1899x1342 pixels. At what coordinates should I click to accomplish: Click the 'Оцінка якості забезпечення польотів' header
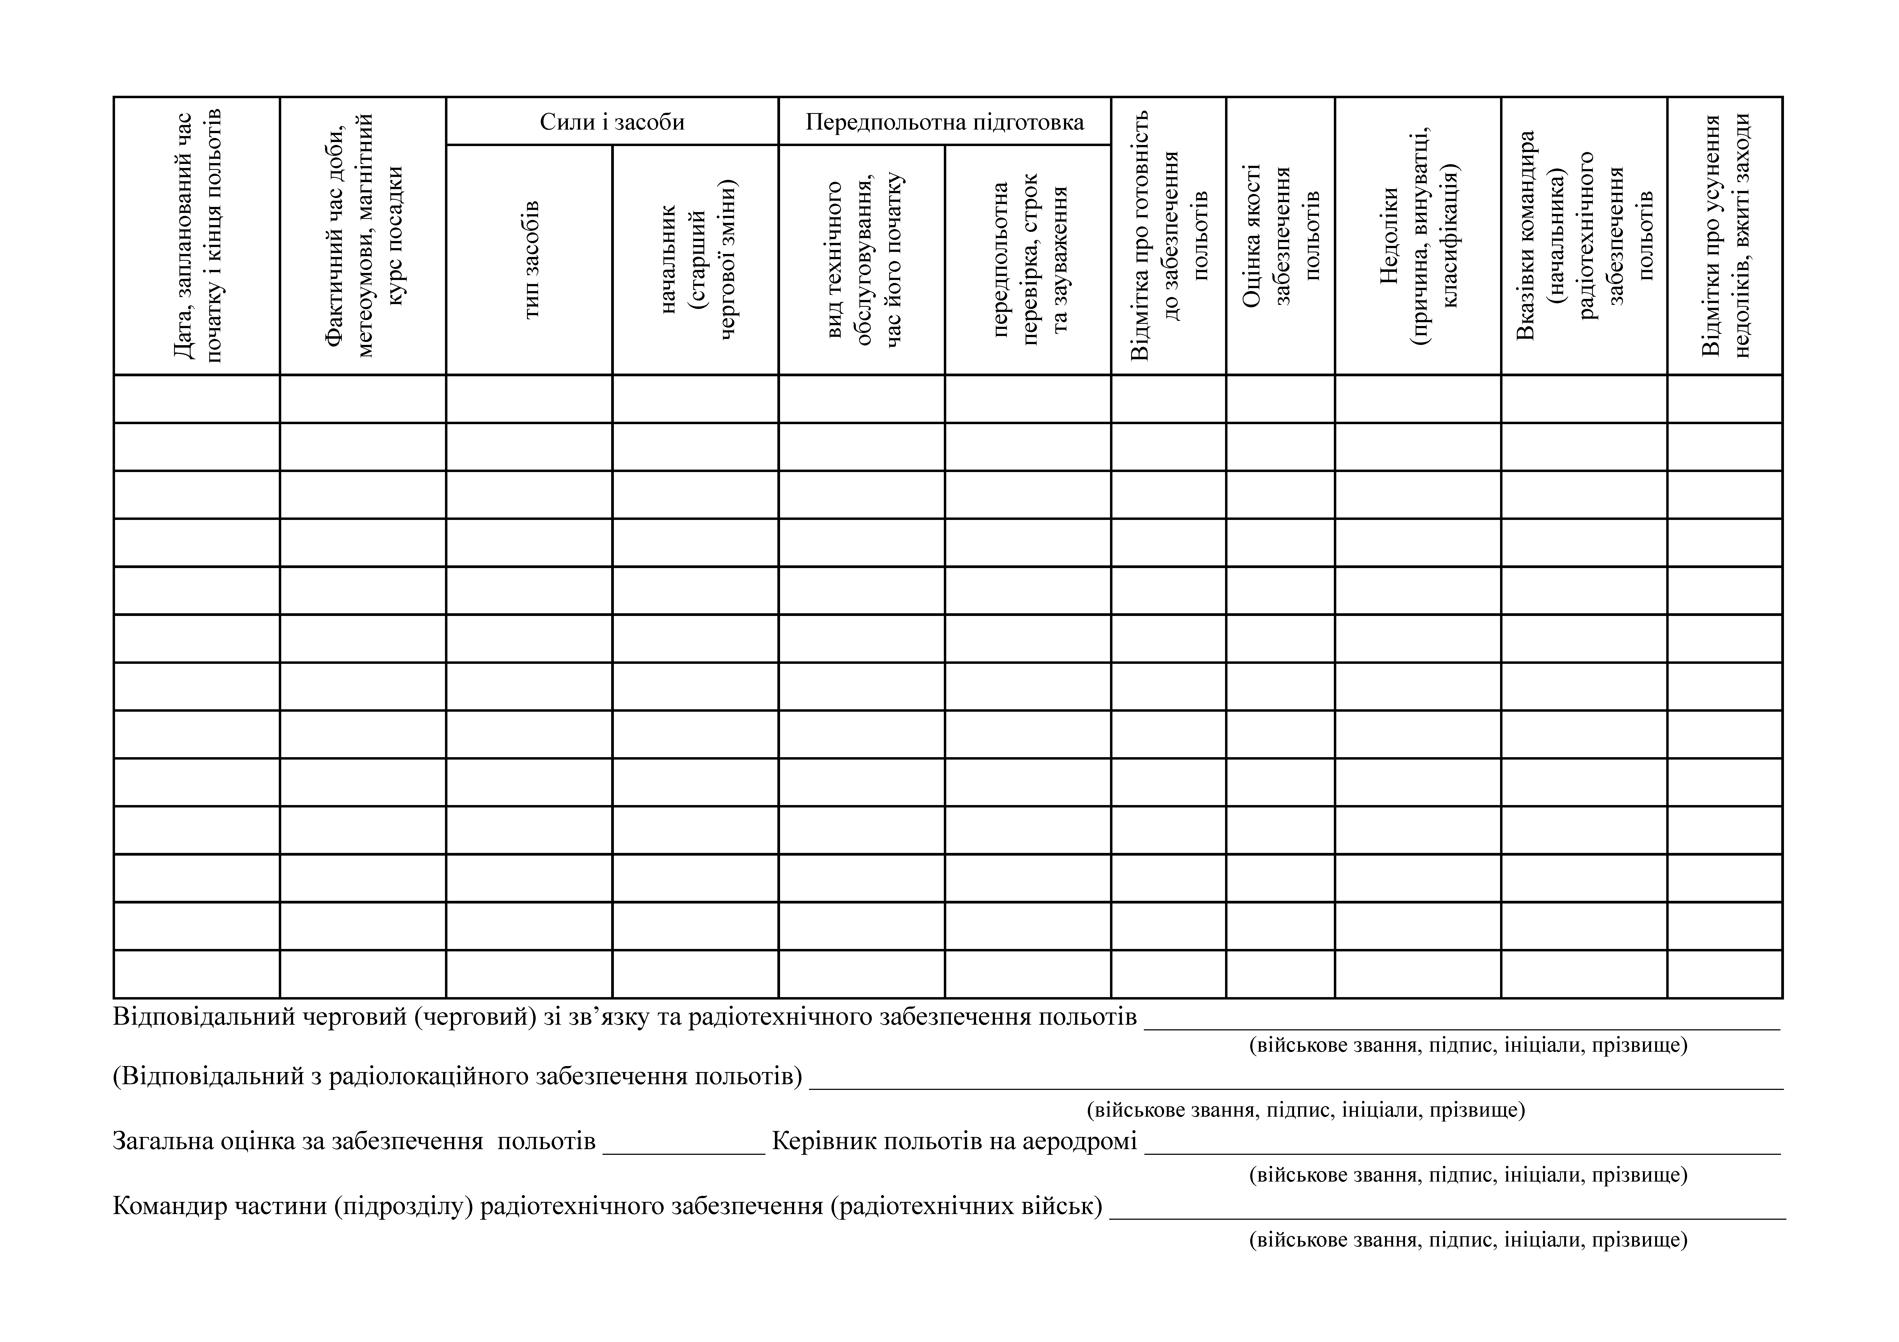(x=1280, y=236)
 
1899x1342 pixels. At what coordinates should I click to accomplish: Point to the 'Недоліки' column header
(x=1418, y=236)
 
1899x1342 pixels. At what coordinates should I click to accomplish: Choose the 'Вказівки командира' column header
(x=1584, y=236)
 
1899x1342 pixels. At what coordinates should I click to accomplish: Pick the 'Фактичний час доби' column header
(x=362, y=236)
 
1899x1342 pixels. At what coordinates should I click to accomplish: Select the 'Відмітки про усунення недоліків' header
(x=1724, y=236)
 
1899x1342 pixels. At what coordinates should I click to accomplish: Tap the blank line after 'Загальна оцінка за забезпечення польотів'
(x=684, y=1145)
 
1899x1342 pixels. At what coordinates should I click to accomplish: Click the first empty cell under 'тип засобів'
(x=529, y=398)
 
